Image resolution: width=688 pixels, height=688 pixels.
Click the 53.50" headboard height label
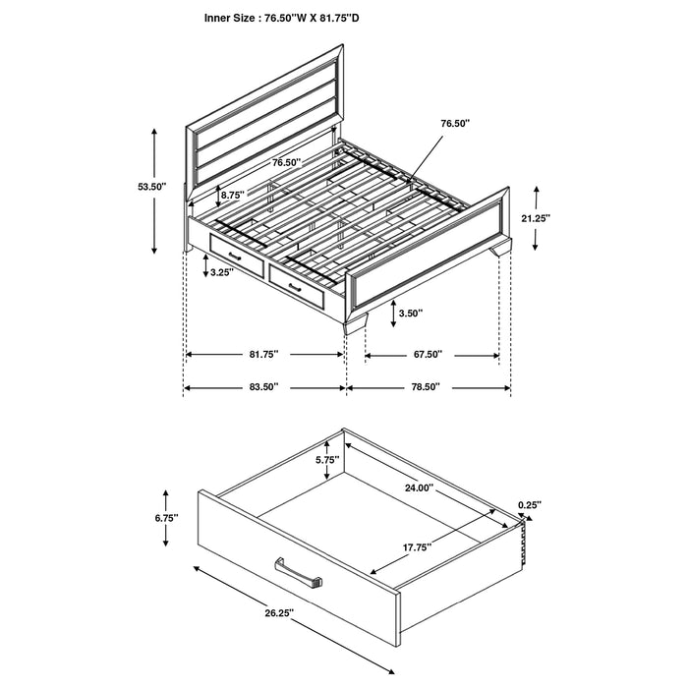coord(151,187)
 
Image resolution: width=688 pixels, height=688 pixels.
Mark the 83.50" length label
coord(263,387)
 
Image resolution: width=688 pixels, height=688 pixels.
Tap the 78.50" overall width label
coord(425,387)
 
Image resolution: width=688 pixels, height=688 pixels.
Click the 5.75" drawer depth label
coord(327,459)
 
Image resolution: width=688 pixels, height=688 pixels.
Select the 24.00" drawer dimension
coord(419,487)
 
